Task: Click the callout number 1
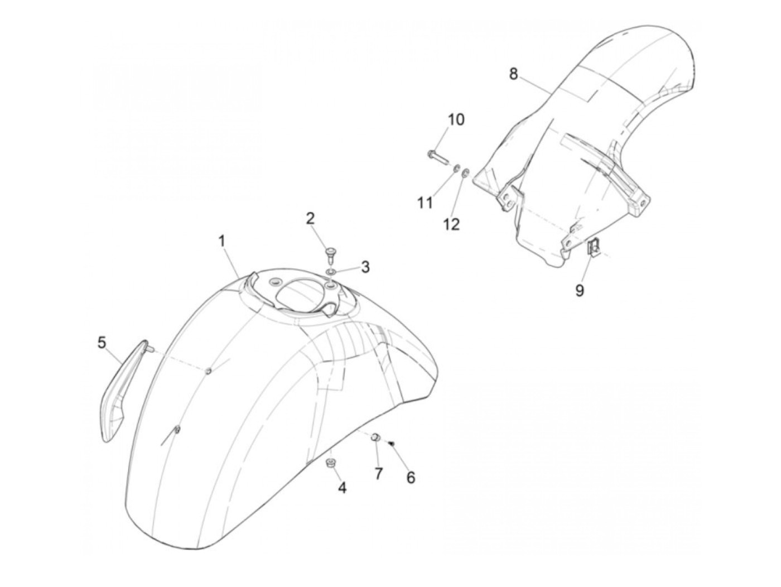[x=221, y=242]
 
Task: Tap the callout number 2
[x=310, y=219]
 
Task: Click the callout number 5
[x=102, y=343]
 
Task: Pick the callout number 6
[x=411, y=478]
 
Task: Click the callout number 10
[x=456, y=120]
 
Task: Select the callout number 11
[x=425, y=203]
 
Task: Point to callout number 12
[x=451, y=224]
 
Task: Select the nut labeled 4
[x=331, y=464]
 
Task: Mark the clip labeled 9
[x=593, y=246]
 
